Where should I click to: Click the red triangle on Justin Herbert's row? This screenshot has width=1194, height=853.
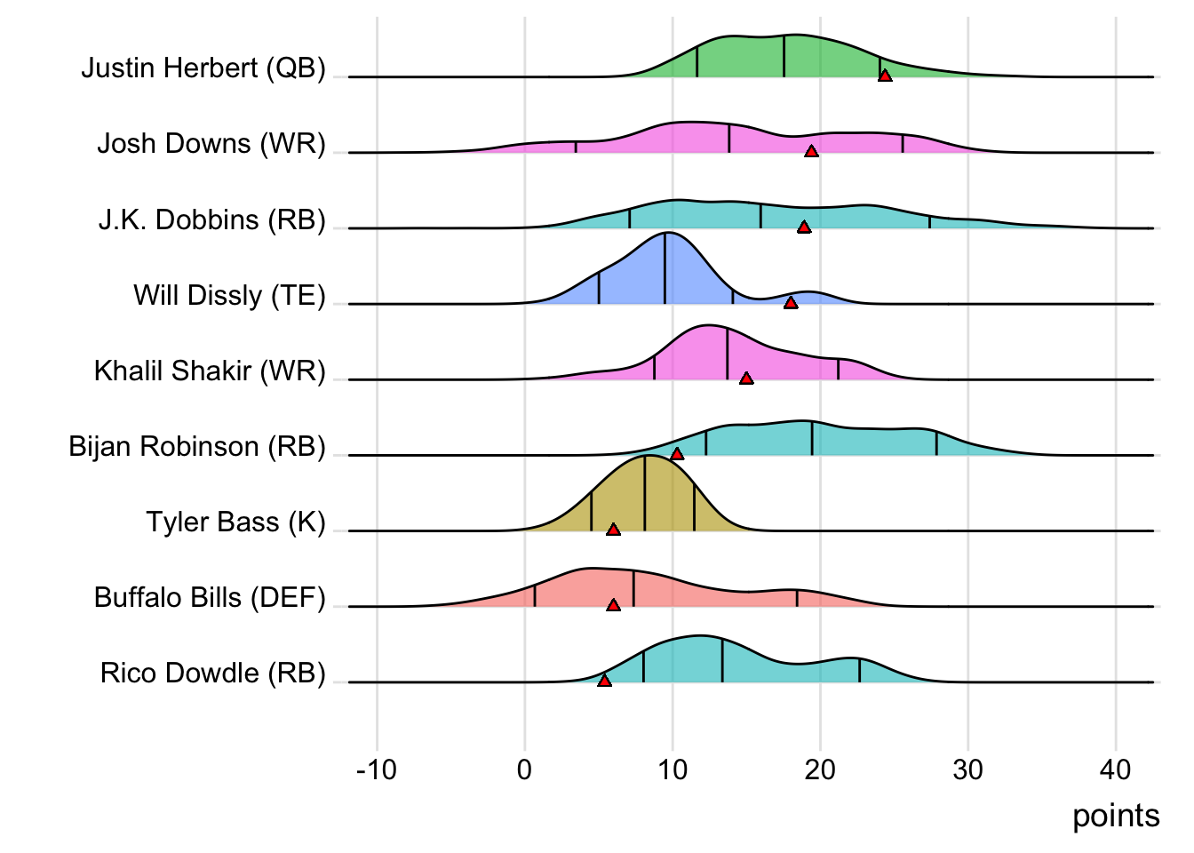pyautogui.click(x=885, y=76)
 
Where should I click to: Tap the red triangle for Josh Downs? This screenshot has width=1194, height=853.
pyautogui.click(x=811, y=152)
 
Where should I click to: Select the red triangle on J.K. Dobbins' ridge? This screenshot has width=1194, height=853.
pyautogui.click(x=804, y=227)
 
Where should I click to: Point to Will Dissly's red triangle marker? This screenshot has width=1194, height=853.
pyautogui.click(x=791, y=303)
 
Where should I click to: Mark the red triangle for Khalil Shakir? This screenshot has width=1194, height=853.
pyautogui.click(x=746, y=379)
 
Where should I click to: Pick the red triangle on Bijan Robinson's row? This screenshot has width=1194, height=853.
pyautogui.click(x=677, y=454)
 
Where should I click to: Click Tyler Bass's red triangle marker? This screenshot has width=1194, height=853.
pyautogui.click(x=613, y=530)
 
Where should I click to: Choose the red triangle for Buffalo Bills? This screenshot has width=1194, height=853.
pyautogui.click(x=613, y=605)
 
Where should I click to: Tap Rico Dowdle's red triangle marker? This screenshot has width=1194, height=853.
pyautogui.click(x=604, y=681)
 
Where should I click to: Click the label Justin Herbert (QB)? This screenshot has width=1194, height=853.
pyautogui.click(x=203, y=68)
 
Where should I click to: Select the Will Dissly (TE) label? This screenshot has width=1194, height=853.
pyautogui.click(x=229, y=295)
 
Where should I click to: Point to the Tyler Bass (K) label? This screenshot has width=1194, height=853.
pyautogui.click(x=235, y=522)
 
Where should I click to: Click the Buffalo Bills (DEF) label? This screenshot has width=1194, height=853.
pyautogui.click(x=210, y=597)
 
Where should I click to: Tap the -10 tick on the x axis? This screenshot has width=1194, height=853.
pyautogui.click(x=376, y=769)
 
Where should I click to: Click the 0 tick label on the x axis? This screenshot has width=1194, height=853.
pyautogui.click(x=524, y=769)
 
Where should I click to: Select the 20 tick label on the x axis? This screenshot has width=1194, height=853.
pyautogui.click(x=820, y=769)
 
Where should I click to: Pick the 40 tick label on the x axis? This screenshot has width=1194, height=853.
pyautogui.click(x=1116, y=769)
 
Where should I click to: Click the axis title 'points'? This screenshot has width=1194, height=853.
pyautogui.click(x=1116, y=816)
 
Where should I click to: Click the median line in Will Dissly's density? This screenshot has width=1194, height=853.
pyautogui.click(x=665, y=268)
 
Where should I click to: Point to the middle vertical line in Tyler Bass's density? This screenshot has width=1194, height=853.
pyautogui.click(x=645, y=493)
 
